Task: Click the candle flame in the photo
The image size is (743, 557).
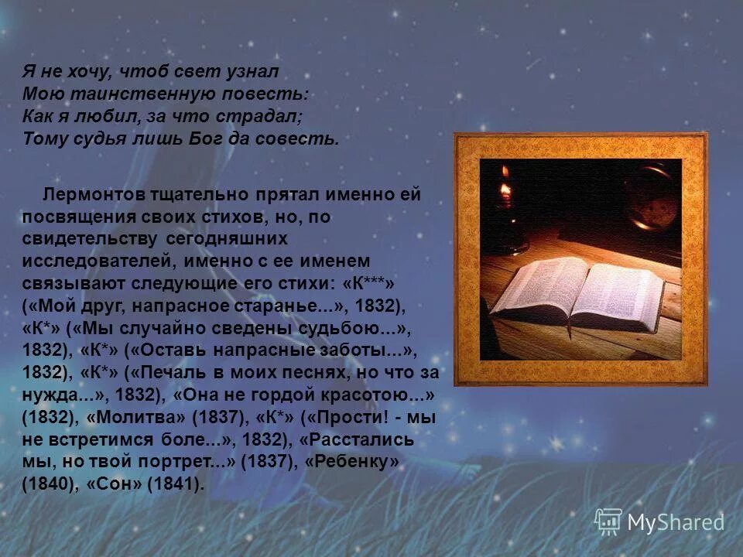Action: (505, 189)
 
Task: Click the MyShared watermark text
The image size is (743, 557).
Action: (676, 523)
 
